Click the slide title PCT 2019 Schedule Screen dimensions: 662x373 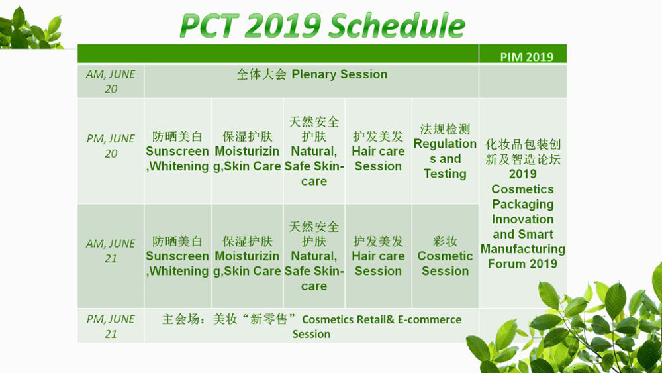click(x=322, y=25)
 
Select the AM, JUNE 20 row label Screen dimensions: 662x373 click(x=111, y=81)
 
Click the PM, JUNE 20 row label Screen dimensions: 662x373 click(x=111, y=146)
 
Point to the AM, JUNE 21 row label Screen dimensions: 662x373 click(x=111, y=251)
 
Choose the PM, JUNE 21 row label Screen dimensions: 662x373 click(x=111, y=326)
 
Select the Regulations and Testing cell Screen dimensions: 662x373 click(x=445, y=151)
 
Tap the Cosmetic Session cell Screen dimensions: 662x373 click(x=445, y=256)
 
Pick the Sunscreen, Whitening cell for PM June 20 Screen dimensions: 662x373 click(x=177, y=151)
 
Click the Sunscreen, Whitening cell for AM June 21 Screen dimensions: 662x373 click(x=177, y=256)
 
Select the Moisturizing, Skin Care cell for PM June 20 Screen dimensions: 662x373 click(x=247, y=151)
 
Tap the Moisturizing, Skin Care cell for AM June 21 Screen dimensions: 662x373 click(x=247, y=256)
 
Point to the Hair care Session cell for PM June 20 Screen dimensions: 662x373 click(x=378, y=151)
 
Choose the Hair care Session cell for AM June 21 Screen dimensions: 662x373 click(x=378, y=256)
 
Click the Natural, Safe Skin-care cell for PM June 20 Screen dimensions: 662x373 click(x=314, y=151)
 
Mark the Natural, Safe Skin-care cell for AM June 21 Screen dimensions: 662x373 click(x=314, y=256)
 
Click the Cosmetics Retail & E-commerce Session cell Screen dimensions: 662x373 click(x=312, y=326)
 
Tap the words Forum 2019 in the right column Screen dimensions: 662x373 click(x=523, y=264)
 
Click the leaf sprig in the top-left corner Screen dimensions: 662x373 click(x=30, y=28)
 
